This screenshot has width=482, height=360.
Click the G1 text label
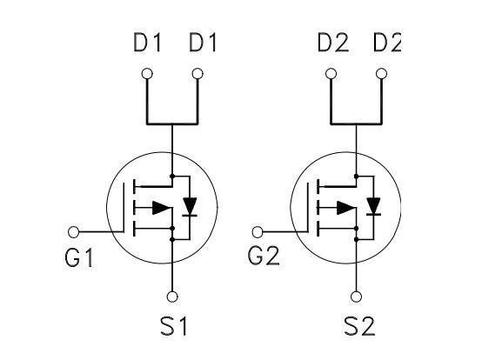tap(78, 257)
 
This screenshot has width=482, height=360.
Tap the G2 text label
tap(264, 256)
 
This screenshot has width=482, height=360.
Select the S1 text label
tap(174, 325)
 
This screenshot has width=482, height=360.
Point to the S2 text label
tap(359, 325)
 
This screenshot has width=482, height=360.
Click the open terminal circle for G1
tap(73, 232)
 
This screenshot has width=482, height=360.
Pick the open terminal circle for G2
tap(258, 232)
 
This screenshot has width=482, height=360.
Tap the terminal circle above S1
tap(172, 297)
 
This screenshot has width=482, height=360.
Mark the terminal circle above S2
tap(356, 297)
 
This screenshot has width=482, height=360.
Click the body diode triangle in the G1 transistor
tap(190, 207)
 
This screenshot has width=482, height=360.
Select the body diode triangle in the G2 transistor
tap(373, 206)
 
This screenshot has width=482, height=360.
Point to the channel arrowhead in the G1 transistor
tap(162, 208)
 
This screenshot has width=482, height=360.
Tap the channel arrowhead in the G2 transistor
tap(346, 208)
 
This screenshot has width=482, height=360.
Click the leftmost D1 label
tap(147, 42)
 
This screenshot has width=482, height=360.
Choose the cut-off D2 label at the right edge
tap(386, 42)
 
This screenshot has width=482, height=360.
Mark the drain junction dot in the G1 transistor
tap(172, 176)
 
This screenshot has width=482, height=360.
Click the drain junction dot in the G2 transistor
tap(356, 176)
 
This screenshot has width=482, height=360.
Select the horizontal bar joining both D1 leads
tap(172, 123)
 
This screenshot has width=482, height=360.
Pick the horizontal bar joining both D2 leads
tap(356, 123)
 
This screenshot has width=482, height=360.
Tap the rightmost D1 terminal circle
tap(197, 74)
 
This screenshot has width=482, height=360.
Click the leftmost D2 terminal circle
tap(331, 74)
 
